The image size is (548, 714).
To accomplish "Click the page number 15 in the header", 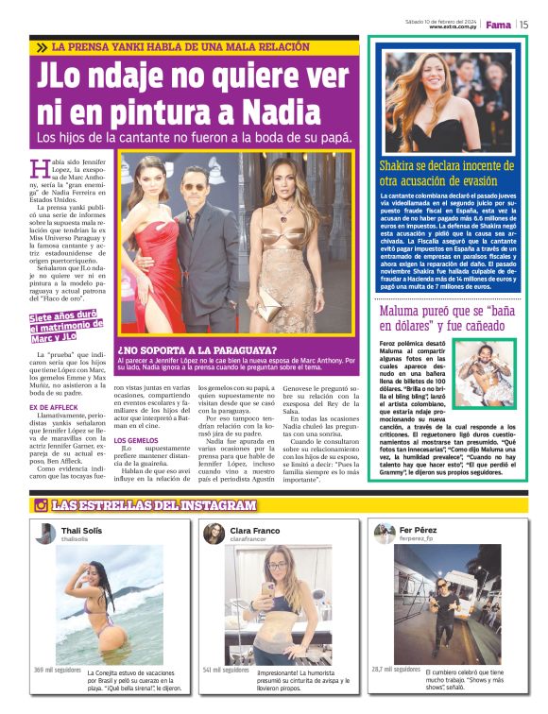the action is [x=522, y=25].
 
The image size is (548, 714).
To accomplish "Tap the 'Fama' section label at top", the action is [x=497, y=25].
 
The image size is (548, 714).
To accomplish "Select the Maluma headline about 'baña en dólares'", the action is [x=447, y=317].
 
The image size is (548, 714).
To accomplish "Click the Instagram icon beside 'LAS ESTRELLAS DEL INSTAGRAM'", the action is [x=41, y=505].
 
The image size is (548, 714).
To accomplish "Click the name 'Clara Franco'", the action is [x=255, y=531].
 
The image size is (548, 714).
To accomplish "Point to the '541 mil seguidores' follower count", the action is [x=225, y=670].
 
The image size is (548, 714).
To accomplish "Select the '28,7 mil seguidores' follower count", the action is [x=396, y=670].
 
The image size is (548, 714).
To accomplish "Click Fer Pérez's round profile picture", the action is [x=385, y=534].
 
